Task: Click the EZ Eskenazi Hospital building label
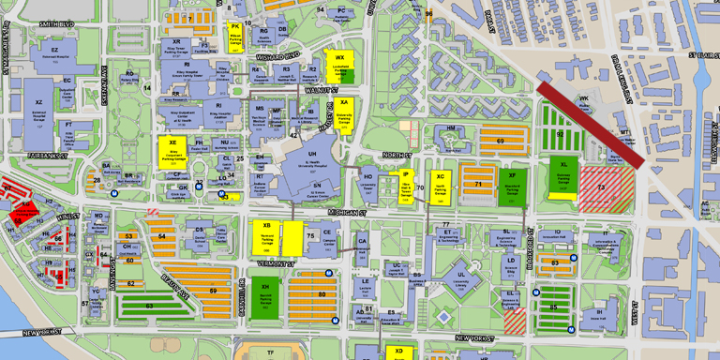click(54, 51)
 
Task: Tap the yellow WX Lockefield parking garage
click(339, 63)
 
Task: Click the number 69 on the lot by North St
click(500, 142)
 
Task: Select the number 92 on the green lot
click(560, 134)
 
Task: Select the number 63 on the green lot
click(149, 306)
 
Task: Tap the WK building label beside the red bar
click(584, 98)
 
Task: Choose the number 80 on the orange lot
click(321, 294)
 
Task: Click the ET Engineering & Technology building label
click(448, 234)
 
